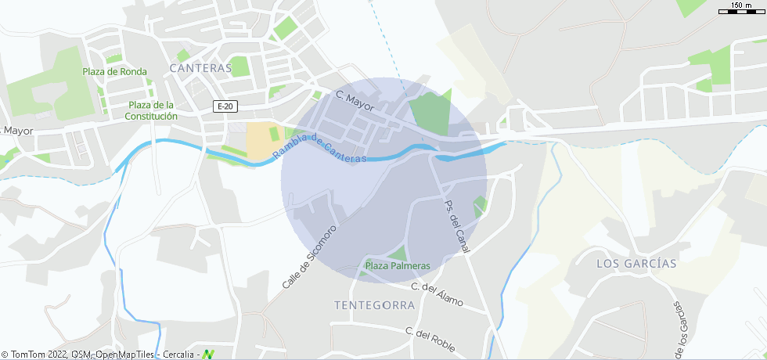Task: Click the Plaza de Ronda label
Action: coord(114,71)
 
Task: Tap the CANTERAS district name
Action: coord(201,68)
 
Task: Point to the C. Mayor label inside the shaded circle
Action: coord(355,100)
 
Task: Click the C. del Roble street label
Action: coord(430,339)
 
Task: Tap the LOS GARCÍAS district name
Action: coord(636,264)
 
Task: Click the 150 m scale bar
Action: coord(741,9)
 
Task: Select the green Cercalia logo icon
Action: coord(207,355)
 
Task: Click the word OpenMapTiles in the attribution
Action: coord(125,355)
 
